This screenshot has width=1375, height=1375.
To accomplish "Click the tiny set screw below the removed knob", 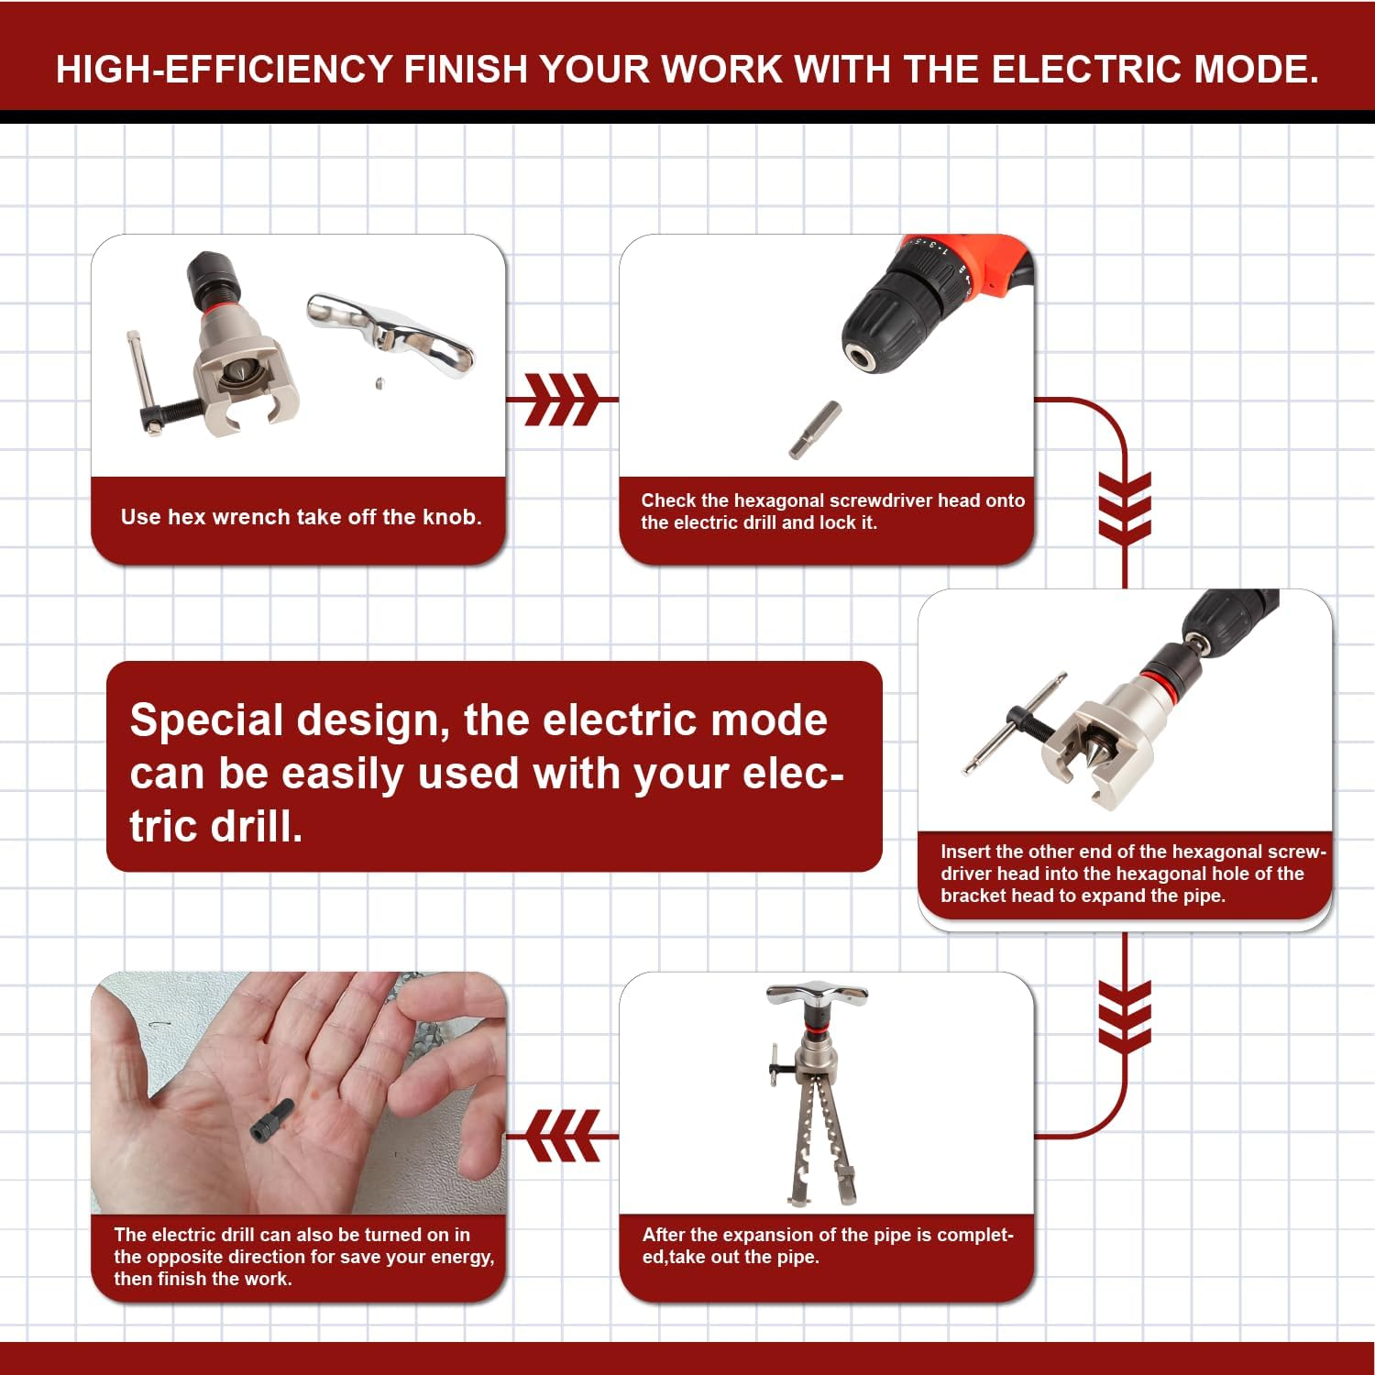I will (x=378, y=383).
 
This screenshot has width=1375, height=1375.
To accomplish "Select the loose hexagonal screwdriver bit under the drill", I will (x=814, y=429).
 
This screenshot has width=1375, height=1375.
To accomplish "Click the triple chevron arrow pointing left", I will (x=564, y=1136).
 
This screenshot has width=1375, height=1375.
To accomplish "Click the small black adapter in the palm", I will (x=271, y=1120).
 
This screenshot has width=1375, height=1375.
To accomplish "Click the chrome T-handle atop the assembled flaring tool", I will (x=817, y=995).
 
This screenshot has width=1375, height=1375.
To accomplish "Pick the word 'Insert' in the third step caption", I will (x=964, y=852).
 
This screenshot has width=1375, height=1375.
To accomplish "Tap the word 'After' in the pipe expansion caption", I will (x=664, y=1235).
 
